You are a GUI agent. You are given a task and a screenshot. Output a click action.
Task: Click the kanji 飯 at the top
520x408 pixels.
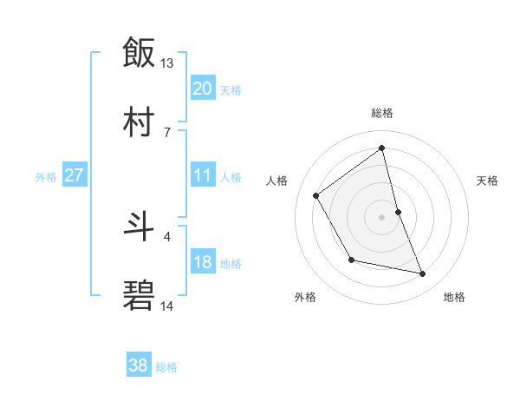point(139,52)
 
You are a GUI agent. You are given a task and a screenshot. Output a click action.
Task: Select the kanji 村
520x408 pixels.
point(139,122)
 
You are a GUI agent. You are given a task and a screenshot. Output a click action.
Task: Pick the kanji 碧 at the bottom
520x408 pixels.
point(139,296)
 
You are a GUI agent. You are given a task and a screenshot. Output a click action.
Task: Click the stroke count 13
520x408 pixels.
point(167,63)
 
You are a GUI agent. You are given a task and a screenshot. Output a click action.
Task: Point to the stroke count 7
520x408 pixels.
point(167,131)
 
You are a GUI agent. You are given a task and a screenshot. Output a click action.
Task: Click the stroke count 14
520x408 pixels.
point(167,306)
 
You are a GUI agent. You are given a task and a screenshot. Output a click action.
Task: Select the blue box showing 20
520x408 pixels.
point(203,89)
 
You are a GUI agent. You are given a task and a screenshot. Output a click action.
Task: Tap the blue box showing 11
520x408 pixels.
point(203,175)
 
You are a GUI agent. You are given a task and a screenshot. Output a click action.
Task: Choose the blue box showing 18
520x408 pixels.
point(203,262)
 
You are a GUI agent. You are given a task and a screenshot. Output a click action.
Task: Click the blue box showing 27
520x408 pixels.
point(74,175)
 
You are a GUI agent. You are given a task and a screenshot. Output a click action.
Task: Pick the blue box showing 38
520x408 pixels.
point(139,365)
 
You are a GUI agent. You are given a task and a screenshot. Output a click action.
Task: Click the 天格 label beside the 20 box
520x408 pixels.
point(230,90)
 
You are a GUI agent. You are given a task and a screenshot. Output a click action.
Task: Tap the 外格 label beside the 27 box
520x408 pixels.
point(46,177)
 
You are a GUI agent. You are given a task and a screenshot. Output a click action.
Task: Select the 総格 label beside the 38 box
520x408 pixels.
point(166,367)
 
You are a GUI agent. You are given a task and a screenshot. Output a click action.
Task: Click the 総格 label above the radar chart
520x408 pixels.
point(382,113)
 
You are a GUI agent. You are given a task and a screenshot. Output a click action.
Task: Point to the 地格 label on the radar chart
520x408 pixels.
point(454,297)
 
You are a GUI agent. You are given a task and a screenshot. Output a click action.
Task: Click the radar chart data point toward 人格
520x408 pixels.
point(316,195)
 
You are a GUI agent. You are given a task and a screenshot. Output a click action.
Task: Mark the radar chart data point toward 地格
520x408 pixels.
point(423,274)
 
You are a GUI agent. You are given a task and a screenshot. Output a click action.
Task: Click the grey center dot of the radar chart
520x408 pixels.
point(382,216)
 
